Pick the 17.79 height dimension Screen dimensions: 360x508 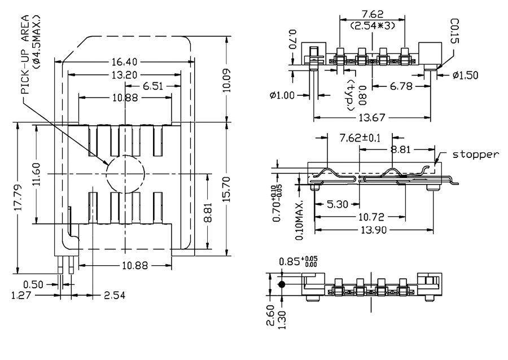tap(17, 198)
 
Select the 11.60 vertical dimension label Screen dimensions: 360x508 tap(36, 174)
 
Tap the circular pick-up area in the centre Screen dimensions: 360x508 tap(125, 173)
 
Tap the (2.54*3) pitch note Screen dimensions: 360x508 tap(372, 26)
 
